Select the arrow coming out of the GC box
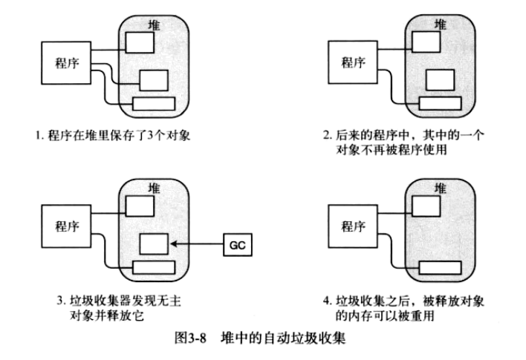[x=197, y=242]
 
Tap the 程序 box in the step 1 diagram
[x=62, y=62]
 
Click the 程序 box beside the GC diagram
[x=62, y=223]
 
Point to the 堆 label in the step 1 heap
[x=154, y=25]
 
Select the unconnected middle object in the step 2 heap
[x=440, y=79]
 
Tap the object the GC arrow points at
[x=154, y=242]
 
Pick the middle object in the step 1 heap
[x=154, y=79]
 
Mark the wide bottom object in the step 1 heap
[x=154, y=104]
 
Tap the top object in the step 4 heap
[x=422, y=203]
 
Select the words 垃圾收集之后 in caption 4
[x=371, y=302]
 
